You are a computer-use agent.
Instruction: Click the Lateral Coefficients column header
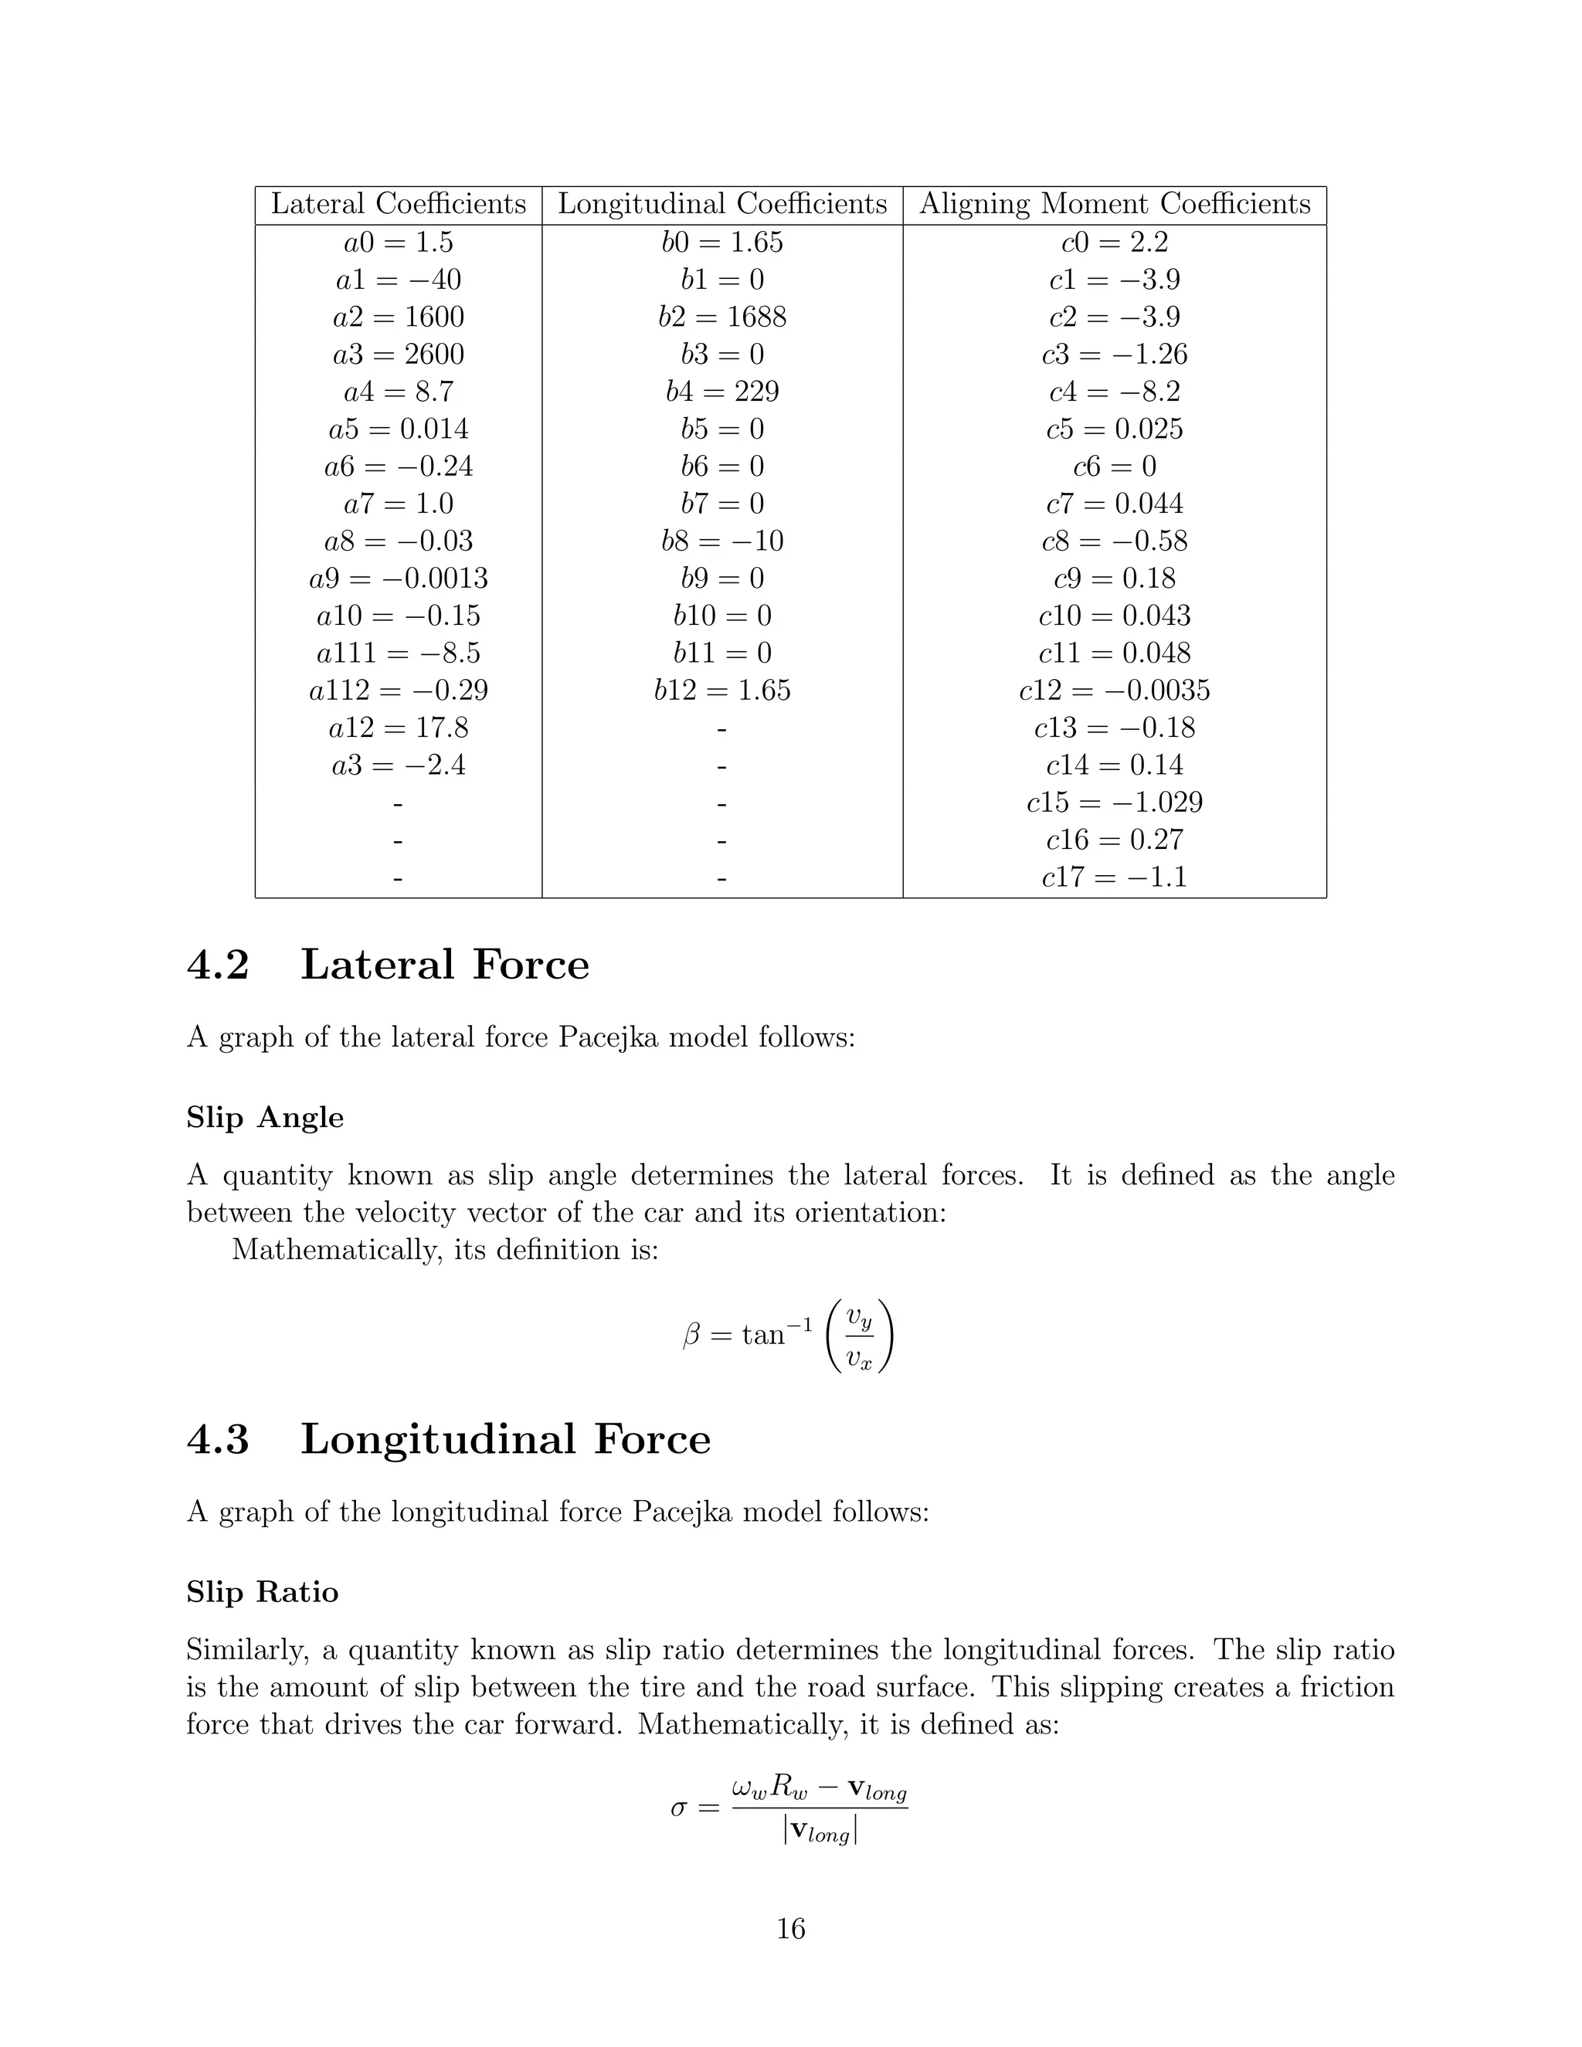(399, 205)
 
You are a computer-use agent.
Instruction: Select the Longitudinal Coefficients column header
(721, 205)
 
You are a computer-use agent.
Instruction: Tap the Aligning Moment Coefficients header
(1115, 205)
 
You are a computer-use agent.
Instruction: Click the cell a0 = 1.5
(399, 243)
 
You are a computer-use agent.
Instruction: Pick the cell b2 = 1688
(721, 317)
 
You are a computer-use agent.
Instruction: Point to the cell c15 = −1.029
(1115, 803)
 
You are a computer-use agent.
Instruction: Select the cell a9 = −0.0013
(399, 579)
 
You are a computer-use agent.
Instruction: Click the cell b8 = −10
(721, 541)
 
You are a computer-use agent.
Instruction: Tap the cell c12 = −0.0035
(1115, 691)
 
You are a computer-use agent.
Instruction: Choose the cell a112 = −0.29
(399, 691)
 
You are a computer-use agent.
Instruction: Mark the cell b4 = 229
(721, 392)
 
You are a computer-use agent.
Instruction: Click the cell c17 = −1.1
(1115, 878)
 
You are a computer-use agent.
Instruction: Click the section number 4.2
(219, 966)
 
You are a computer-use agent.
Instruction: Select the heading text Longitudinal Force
(505, 1440)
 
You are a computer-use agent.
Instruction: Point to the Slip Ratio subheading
(263, 1593)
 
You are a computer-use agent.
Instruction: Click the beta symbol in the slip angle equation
(691, 1335)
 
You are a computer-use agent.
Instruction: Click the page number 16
(791, 1929)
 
